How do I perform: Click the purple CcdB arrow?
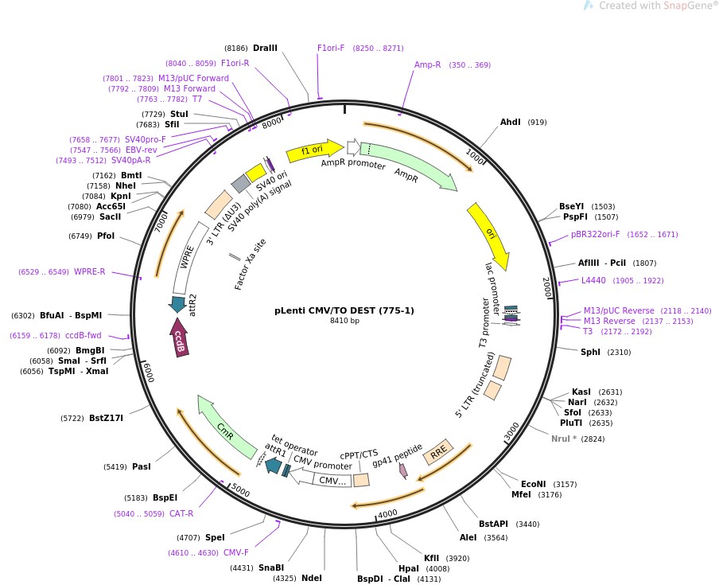[180, 337]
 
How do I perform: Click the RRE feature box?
[438, 452]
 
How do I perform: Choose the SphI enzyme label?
[590, 352]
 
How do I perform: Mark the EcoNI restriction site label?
[533, 484]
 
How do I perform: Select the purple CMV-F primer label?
[235, 552]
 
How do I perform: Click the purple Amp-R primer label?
[427, 64]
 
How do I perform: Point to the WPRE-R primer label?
[89, 271]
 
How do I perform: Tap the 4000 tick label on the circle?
[387, 514]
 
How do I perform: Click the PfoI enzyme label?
[106, 236]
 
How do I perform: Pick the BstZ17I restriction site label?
[106, 418]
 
